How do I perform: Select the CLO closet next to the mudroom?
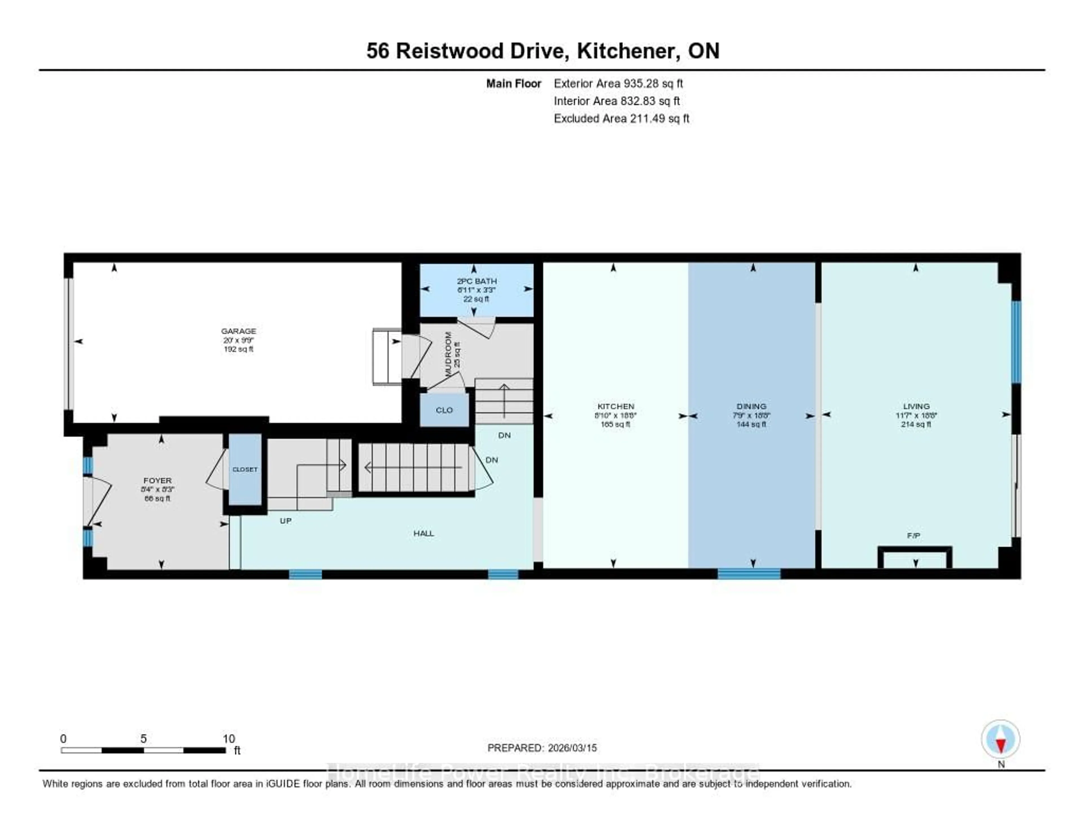point(444,410)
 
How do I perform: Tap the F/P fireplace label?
point(913,535)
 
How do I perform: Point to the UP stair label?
point(285,521)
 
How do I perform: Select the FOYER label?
point(157,480)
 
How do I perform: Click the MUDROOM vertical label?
point(448,354)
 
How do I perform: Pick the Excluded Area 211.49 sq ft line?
point(621,118)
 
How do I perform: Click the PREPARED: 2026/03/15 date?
point(542,748)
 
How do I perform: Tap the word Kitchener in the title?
point(628,51)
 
